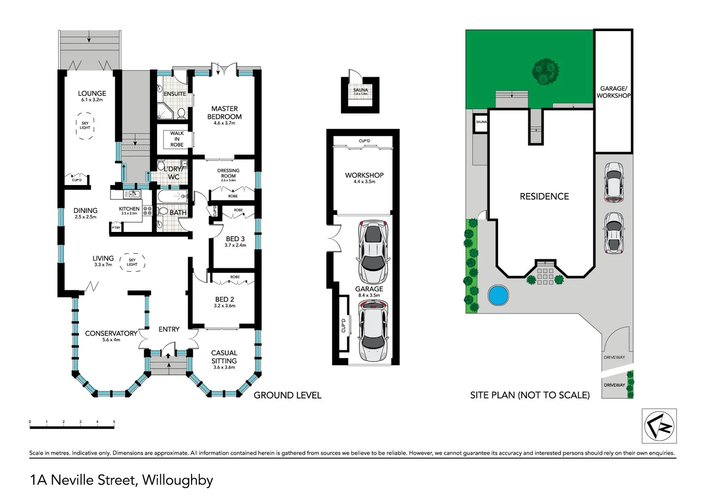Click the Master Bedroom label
pyautogui.click(x=224, y=113)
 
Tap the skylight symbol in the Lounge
pyautogui.click(x=85, y=126)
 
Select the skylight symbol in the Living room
pyautogui.click(x=132, y=263)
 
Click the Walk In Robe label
pyautogui.click(x=177, y=139)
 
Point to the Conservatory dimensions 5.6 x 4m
pyautogui.click(x=111, y=340)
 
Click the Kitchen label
pyautogui.click(x=129, y=209)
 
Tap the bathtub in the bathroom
pyautogui.click(x=172, y=197)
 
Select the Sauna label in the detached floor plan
pyautogui.click(x=360, y=90)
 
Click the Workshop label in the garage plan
pyautogui.click(x=364, y=175)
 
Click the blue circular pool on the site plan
pyautogui.click(x=498, y=295)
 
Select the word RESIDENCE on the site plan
pyautogui.click(x=544, y=197)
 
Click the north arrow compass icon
pyautogui.click(x=659, y=426)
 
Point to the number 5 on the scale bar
pyautogui.click(x=114, y=422)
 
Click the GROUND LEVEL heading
pyautogui.click(x=287, y=395)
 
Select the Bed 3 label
pyautogui.click(x=235, y=239)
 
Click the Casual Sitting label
pyautogui.click(x=224, y=357)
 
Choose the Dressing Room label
pyautogui.click(x=228, y=173)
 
